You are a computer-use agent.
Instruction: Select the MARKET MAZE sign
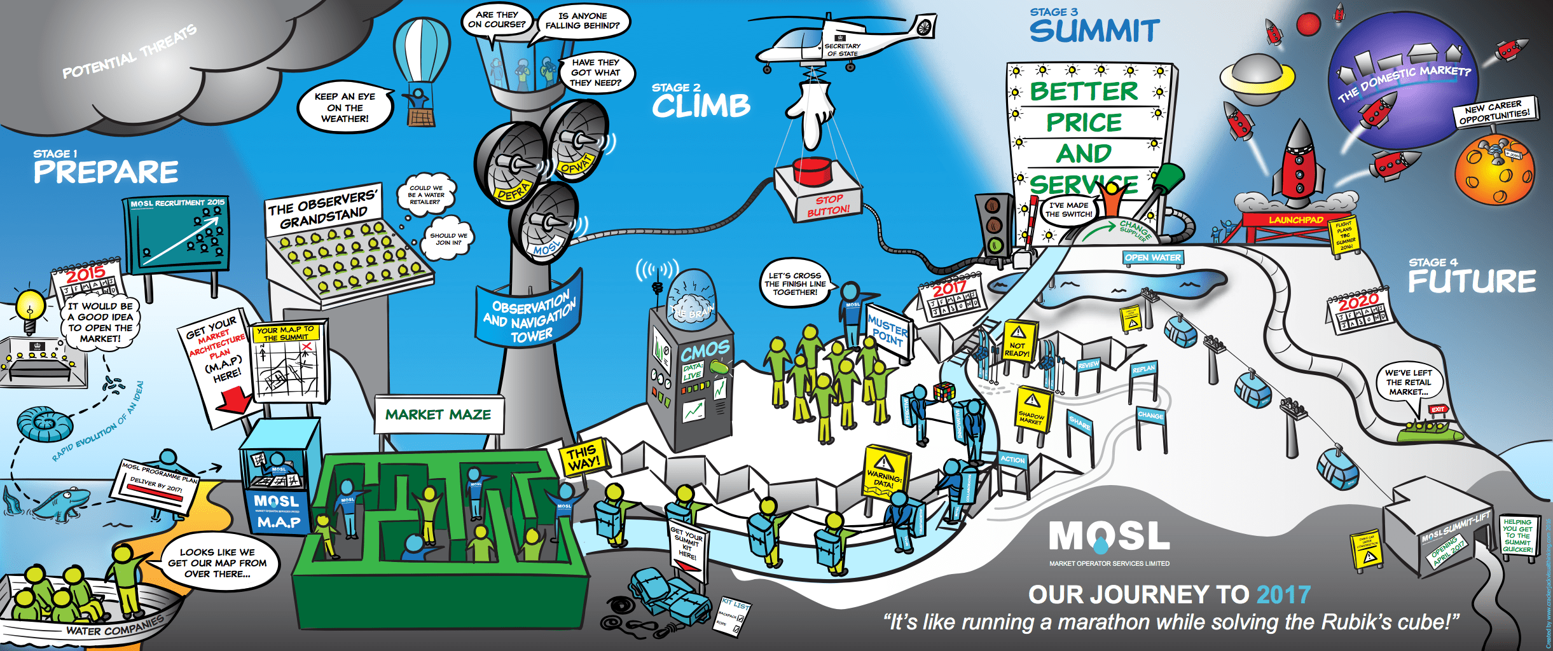[438, 415]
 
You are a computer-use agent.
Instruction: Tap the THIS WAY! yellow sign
[583, 457]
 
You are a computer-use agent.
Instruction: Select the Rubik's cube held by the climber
[944, 392]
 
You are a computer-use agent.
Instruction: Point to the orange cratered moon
[1494, 170]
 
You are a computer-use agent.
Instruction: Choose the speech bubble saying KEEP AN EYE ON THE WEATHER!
[345, 107]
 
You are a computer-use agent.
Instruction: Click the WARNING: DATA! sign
[885, 471]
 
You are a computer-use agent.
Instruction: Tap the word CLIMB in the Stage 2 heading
[701, 107]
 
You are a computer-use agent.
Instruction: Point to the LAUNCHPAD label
[1295, 220]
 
